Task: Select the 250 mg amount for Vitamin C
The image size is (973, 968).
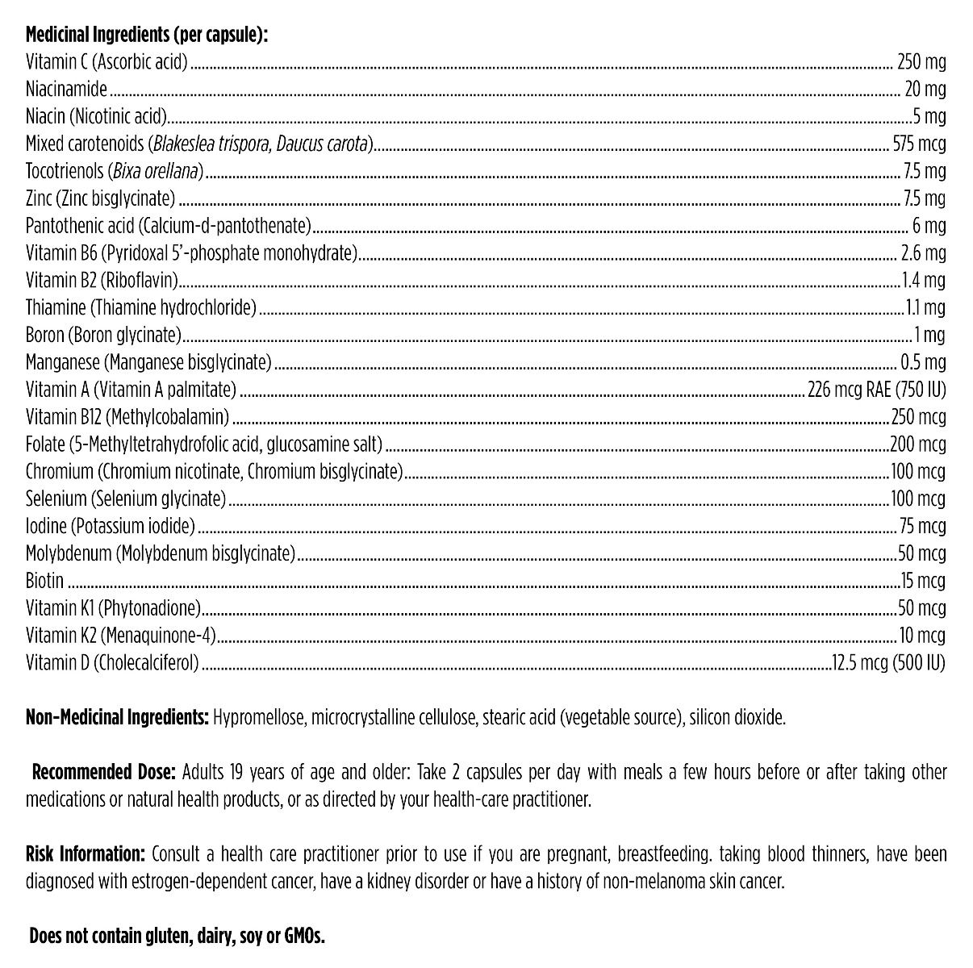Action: click(x=921, y=62)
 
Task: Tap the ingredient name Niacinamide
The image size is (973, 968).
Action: click(x=66, y=90)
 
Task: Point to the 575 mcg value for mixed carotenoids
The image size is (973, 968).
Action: click(x=919, y=144)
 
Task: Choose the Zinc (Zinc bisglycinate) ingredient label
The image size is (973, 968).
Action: click(x=100, y=198)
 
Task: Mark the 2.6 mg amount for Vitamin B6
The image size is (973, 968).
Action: click(x=923, y=253)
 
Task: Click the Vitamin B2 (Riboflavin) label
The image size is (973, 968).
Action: click(x=102, y=281)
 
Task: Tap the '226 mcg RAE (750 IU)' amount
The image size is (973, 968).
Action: click(x=876, y=390)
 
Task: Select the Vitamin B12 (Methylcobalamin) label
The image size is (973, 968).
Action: click(x=127, y=417)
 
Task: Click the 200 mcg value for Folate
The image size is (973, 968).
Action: click(x=918, y=444)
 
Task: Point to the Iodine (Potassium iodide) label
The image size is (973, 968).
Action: click(x=111, y=527)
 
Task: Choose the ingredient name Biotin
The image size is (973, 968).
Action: click(x=44, y=581)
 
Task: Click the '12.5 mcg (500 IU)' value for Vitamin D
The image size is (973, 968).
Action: click(x=889, y=663)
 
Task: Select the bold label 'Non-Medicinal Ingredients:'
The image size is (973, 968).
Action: click(x=118, y=717)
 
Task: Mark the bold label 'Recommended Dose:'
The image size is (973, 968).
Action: click(x=103, y=772)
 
